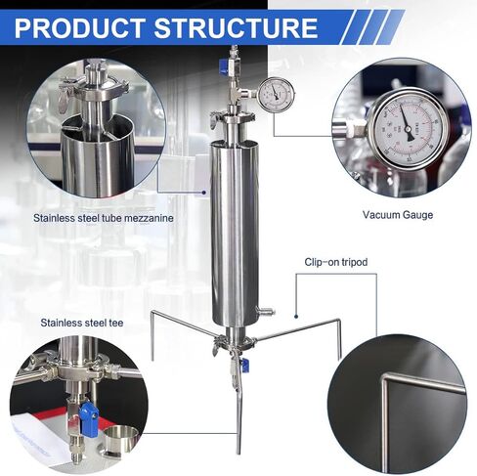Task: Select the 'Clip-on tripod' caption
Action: [x=334, y=263]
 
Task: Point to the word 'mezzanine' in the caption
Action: [x=147, y=218]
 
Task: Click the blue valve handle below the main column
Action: [x=243, y=364]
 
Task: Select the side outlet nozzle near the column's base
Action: [x=261, y=312]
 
